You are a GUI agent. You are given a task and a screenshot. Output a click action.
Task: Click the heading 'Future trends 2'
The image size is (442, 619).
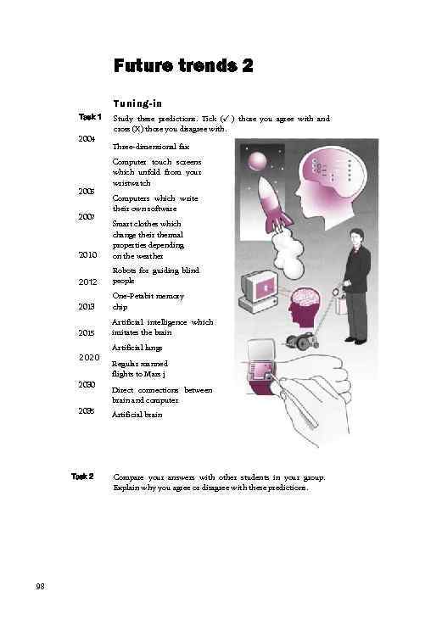(x=182, y=65)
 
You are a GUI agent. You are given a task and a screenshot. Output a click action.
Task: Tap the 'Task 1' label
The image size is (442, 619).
(x=90, y=117)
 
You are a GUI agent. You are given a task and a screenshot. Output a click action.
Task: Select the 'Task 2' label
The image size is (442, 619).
(x=82, y=476)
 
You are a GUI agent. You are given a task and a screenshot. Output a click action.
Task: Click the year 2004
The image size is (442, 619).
(x=87, y=137)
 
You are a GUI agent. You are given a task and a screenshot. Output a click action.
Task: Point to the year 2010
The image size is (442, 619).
(x=87, y=254)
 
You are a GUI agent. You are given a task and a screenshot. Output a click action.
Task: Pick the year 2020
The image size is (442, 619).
(x=89, y=357)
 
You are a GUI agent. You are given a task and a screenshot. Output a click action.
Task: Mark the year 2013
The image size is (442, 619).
(x=87, y=306)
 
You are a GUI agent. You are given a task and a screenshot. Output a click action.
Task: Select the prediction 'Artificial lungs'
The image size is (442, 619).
(x=137, y=348)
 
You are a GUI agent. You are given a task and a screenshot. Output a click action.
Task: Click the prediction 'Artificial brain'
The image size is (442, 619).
(x=137, y=415)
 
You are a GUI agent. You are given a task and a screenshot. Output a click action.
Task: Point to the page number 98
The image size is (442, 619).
(x=41, y=585)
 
